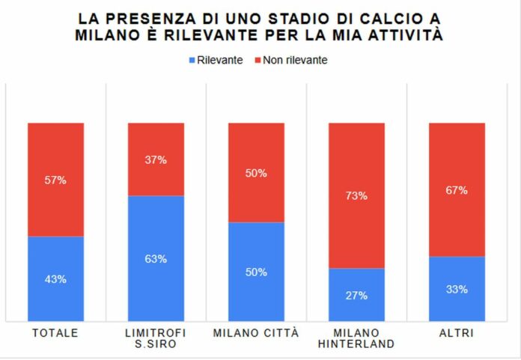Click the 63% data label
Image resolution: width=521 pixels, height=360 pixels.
156,259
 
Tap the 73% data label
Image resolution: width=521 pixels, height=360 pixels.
356,196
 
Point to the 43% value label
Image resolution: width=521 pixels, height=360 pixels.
56,279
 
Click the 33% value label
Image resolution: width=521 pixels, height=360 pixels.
457,290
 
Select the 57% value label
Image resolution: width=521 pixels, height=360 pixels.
56,180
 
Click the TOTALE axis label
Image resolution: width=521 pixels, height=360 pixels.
56,332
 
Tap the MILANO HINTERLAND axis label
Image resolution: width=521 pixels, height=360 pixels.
356,338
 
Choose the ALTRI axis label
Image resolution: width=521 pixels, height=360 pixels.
457,332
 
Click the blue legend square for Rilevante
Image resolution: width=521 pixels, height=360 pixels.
192,60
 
